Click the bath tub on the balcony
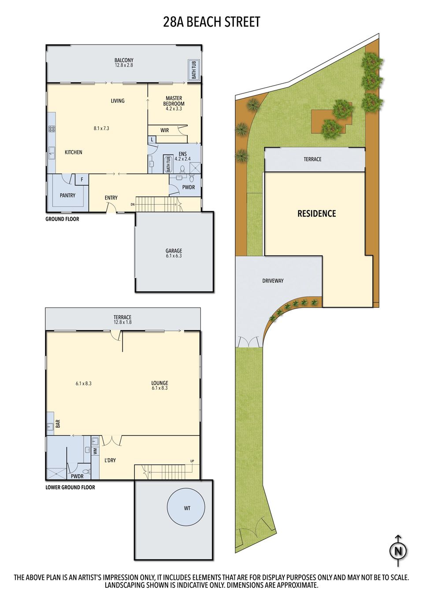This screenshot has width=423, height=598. point(193,70)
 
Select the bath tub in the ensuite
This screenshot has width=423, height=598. point(168,164)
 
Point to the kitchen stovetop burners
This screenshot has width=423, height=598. point(52,129)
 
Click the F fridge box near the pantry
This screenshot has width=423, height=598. point(82,179)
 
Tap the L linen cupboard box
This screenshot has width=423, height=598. point(152,139)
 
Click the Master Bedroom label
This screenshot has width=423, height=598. point(174,101)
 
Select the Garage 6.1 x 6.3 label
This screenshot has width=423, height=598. point(174,253)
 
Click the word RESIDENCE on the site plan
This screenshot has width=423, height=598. point(317,214)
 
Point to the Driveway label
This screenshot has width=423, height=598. point(273,281)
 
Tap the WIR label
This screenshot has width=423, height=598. point(164,130)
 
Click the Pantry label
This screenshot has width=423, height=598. point(67,196)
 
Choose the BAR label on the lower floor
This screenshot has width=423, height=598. point(58,424)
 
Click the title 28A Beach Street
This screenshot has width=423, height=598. point(211,22)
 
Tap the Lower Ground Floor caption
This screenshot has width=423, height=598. point(70,487)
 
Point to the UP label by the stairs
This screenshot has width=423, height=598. point(192,461)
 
